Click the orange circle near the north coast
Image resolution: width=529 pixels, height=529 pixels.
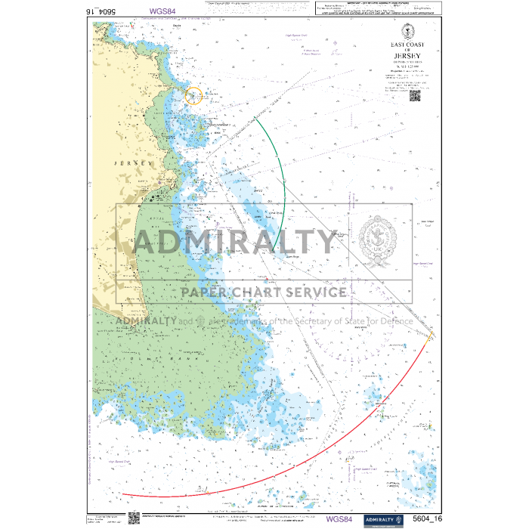click(x=193, y=96)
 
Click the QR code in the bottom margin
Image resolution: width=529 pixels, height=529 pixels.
click(x=135, y=518)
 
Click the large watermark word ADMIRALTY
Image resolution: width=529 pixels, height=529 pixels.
click(x=235, y=243)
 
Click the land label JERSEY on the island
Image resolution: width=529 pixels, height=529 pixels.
click(x=127, y=162)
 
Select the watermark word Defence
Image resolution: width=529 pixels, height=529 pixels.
click(x=392, y=320)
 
